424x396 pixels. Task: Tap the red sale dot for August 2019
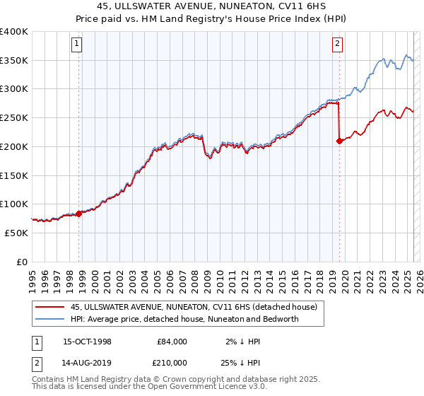pos(339,141)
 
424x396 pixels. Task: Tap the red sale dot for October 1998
pos(78,213)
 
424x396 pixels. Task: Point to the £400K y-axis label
pos(14,32)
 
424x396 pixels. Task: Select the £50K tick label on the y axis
pos(16,232)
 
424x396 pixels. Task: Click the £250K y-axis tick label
pos(14,117)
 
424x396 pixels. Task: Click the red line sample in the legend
pos(51,307)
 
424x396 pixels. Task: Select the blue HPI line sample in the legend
pos(51,319)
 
